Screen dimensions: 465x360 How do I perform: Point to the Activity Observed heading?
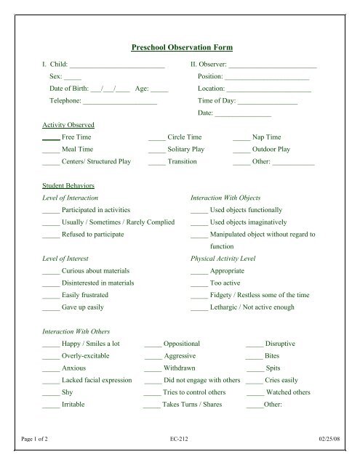(x=68, y=125)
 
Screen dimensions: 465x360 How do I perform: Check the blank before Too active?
(x=199, y=283)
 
